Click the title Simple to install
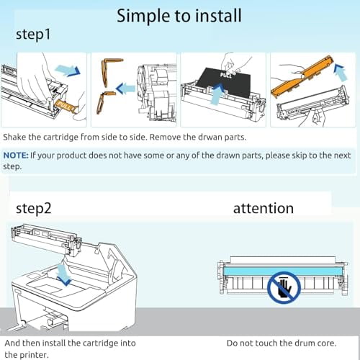179,14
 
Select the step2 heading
34,208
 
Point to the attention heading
264,208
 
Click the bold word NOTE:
16,155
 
